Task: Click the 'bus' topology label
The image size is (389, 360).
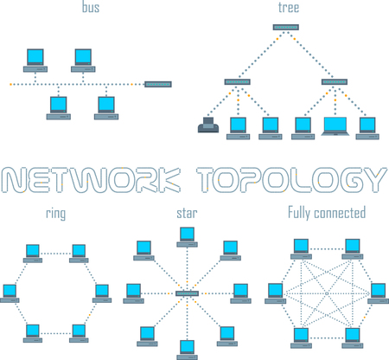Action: (90, 9)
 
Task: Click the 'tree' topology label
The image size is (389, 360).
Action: (289, 9)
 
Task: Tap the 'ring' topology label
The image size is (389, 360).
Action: (56, 212)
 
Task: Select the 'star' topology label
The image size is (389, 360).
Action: (187, 212)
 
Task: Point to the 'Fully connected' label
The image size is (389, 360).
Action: (327, 212)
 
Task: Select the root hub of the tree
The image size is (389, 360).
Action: (285, 28)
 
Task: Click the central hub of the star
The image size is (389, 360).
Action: (188, 294)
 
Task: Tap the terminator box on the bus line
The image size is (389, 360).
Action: (158, 84)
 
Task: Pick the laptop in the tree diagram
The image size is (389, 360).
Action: (335, 126)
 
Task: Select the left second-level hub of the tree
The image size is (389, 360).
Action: (237, 81)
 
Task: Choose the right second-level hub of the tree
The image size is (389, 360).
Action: (335, 81)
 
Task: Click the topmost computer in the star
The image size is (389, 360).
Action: (188, 235)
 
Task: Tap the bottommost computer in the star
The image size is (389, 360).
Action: (188, 348)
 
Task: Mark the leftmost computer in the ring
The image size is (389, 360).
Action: (10, 292)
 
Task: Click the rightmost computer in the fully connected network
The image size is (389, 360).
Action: (378, 292)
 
